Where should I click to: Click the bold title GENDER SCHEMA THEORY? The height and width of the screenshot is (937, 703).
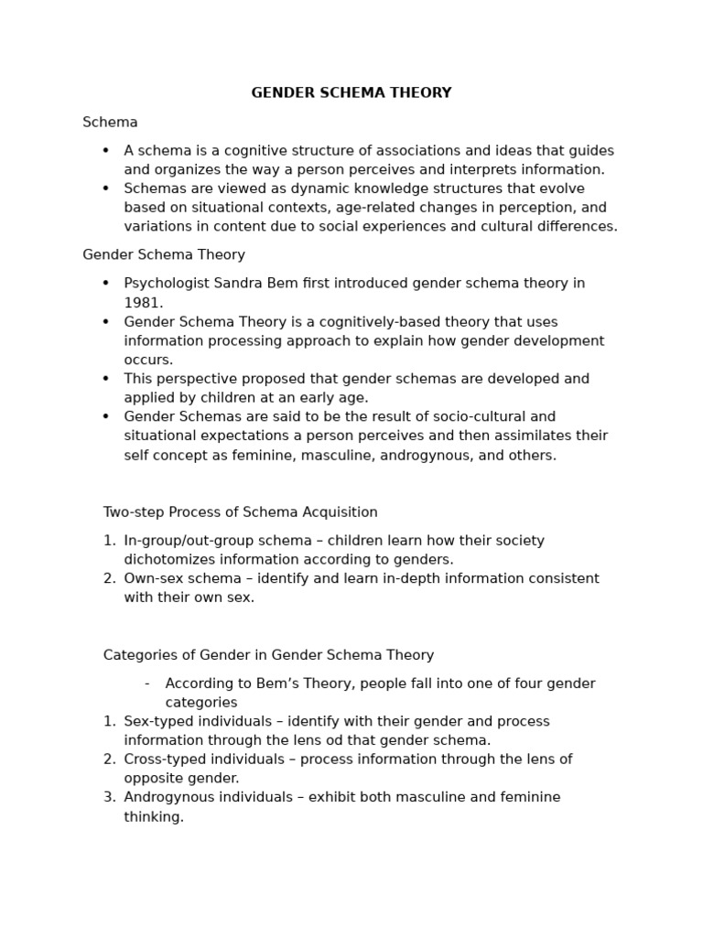point(351,93)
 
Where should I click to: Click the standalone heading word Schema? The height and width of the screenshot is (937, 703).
point(110,122)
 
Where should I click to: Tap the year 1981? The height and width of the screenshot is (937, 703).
point(143,303)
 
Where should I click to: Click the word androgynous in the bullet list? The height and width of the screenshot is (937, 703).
point(422,455)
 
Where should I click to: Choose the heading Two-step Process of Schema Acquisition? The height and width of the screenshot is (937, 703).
point(240,512)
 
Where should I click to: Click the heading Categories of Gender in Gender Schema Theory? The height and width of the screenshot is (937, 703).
point(268,655)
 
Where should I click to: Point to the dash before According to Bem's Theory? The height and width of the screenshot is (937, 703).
point(146,684)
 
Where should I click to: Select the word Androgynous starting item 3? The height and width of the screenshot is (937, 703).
point(168,797)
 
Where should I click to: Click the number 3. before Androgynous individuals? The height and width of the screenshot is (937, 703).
point(109,797)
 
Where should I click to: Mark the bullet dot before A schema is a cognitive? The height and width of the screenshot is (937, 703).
point(106,150)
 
